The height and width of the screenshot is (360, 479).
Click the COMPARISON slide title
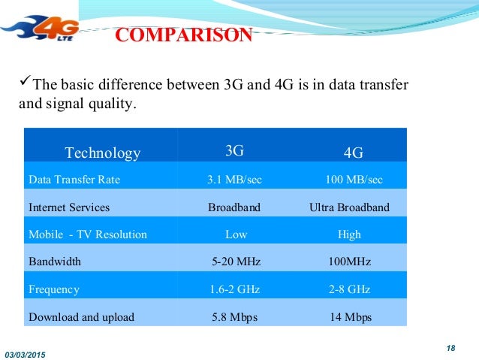(183, 35)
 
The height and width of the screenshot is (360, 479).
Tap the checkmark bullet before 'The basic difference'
(24, 83)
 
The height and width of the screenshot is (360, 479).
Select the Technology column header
(103, 153)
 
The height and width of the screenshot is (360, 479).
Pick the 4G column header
(353, 153)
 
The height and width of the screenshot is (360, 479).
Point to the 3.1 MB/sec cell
(235, 180)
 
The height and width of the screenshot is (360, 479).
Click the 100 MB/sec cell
(353, 180)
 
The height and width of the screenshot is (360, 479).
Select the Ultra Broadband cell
(349, 207)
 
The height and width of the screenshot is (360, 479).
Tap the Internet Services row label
(69, 207)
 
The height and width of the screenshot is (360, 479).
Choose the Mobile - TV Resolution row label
(88, 234)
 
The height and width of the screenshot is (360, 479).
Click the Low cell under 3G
(236, 234)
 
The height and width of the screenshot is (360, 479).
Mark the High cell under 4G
(350, 234)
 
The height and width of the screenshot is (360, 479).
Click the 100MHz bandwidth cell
(350, 262)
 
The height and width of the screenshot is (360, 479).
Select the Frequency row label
(54, 289)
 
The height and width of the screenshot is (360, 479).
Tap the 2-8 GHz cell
(350, 289)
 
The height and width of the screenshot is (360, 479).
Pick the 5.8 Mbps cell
(235, 317)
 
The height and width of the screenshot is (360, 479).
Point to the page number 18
(451, 346)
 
